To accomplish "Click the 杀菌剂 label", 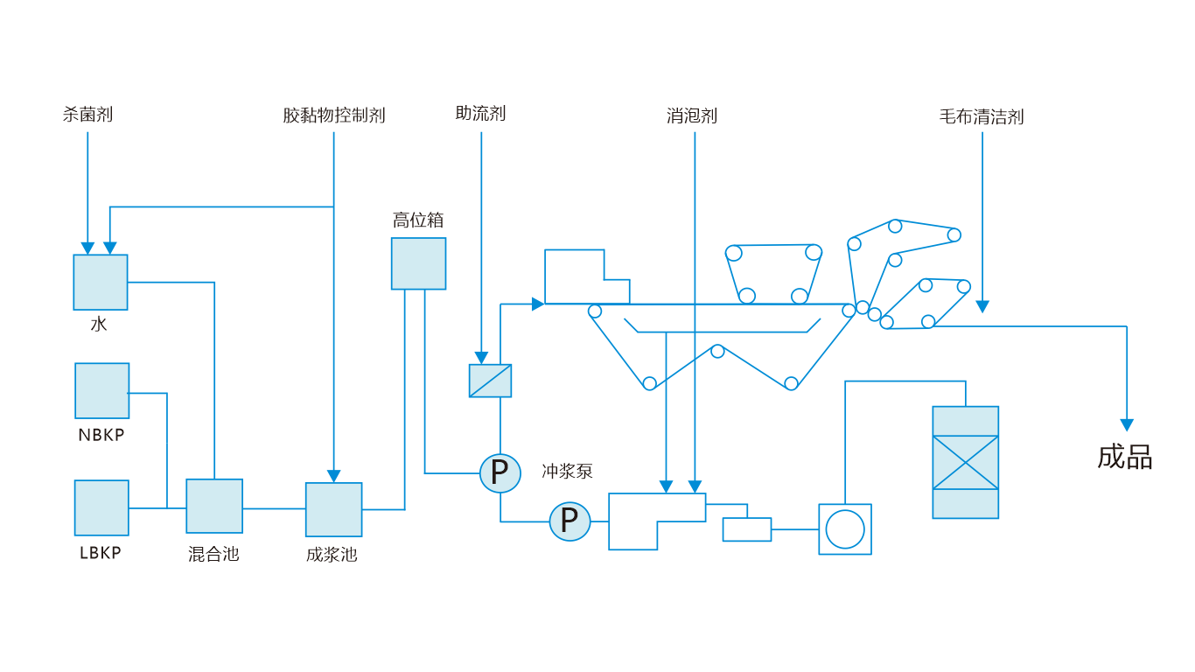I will coord(87,114).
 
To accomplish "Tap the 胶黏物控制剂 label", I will coord(333,115).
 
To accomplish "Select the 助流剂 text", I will coord(480,113).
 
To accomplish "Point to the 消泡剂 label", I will coord(692,115).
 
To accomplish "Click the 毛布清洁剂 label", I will coord(982,116).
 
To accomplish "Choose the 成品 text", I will coord(1125,457).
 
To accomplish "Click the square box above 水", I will coord(101,282).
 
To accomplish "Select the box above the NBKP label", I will coord(102,390).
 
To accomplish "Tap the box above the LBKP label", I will coord(101,507).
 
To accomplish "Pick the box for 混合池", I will coord(214,506).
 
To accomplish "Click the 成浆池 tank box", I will coord(333,509).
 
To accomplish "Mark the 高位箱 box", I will coord(418,263).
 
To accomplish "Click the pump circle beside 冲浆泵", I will coord(500,473).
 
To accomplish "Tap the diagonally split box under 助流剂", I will coord(490,381).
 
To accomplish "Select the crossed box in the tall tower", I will coord(965,462).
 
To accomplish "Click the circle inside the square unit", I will coord(845,529).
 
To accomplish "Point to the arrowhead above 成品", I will coord(1127,424).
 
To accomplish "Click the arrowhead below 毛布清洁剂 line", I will coord(982,306).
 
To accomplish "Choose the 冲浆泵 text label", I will coord(567,471).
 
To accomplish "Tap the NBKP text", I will coord(101,435).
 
